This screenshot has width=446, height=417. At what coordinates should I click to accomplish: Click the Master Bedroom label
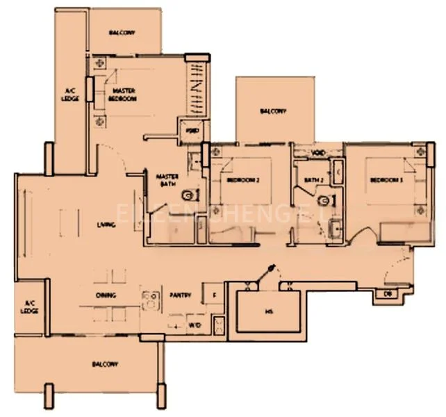point(122,95)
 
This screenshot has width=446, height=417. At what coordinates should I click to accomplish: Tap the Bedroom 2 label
point(242,180)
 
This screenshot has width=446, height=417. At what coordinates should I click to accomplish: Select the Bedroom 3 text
point(386,180)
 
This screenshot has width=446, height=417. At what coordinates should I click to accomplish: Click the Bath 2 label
point(313,180)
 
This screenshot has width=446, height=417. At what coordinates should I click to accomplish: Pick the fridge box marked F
point(213,295)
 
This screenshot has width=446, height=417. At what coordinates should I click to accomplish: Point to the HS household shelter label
point(267,312)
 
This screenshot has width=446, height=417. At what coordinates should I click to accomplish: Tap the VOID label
point(317,153)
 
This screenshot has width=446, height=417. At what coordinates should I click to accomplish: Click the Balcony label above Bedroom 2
point(272,111)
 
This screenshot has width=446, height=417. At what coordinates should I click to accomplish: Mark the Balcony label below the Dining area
point(104,364)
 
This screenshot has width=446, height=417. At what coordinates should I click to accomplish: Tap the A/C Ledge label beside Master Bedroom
point(70,95)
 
